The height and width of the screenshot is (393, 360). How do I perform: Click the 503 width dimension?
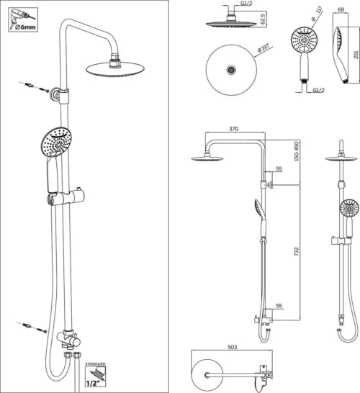233,347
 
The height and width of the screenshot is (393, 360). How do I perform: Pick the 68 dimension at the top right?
341,9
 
